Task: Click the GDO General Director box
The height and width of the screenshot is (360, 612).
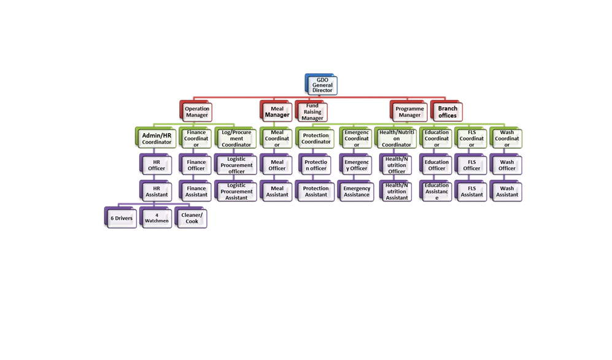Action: coord(322,85)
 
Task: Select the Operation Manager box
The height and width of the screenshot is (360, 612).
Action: coord(197,112)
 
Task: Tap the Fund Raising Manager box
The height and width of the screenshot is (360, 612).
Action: coord(312,112)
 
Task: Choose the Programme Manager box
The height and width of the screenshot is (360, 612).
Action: coord(409,112)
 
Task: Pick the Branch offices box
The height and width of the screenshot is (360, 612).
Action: coord(447,112)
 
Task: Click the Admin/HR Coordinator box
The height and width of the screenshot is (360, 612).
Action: coord(157,139)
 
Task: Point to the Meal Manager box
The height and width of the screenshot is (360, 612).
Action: coord(277,112)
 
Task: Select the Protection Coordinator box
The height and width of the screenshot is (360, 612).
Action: coord(316,139)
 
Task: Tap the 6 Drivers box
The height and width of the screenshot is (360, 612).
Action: coord(122,219)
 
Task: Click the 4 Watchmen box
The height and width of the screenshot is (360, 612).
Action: coord(157,219)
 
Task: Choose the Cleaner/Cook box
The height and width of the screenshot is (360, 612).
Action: coord(192,219)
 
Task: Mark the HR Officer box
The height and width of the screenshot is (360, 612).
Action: coord(157,165)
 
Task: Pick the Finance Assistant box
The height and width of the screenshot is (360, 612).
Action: coord(196,192)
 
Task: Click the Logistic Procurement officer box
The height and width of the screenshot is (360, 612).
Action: coord(236,165)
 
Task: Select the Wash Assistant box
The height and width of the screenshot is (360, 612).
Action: coord(507,192)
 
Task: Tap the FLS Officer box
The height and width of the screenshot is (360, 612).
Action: coord(471,165)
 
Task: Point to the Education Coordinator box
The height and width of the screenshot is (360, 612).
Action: coord(436,139)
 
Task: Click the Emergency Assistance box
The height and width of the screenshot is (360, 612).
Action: coord(357,192)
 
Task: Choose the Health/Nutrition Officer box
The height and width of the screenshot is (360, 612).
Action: coord(397,165)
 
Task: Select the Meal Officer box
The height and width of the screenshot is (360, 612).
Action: coord(277,165)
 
